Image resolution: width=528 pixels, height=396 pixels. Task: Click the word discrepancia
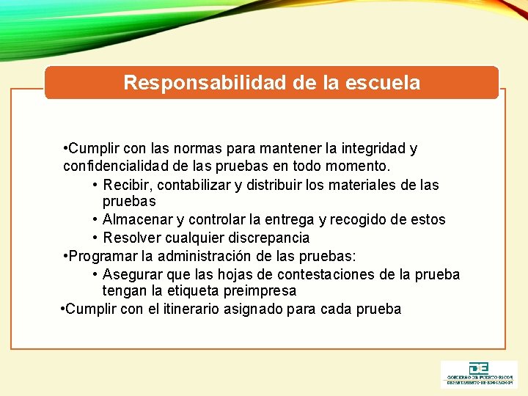[268, 238]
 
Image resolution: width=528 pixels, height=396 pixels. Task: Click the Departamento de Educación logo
[478, 374]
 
